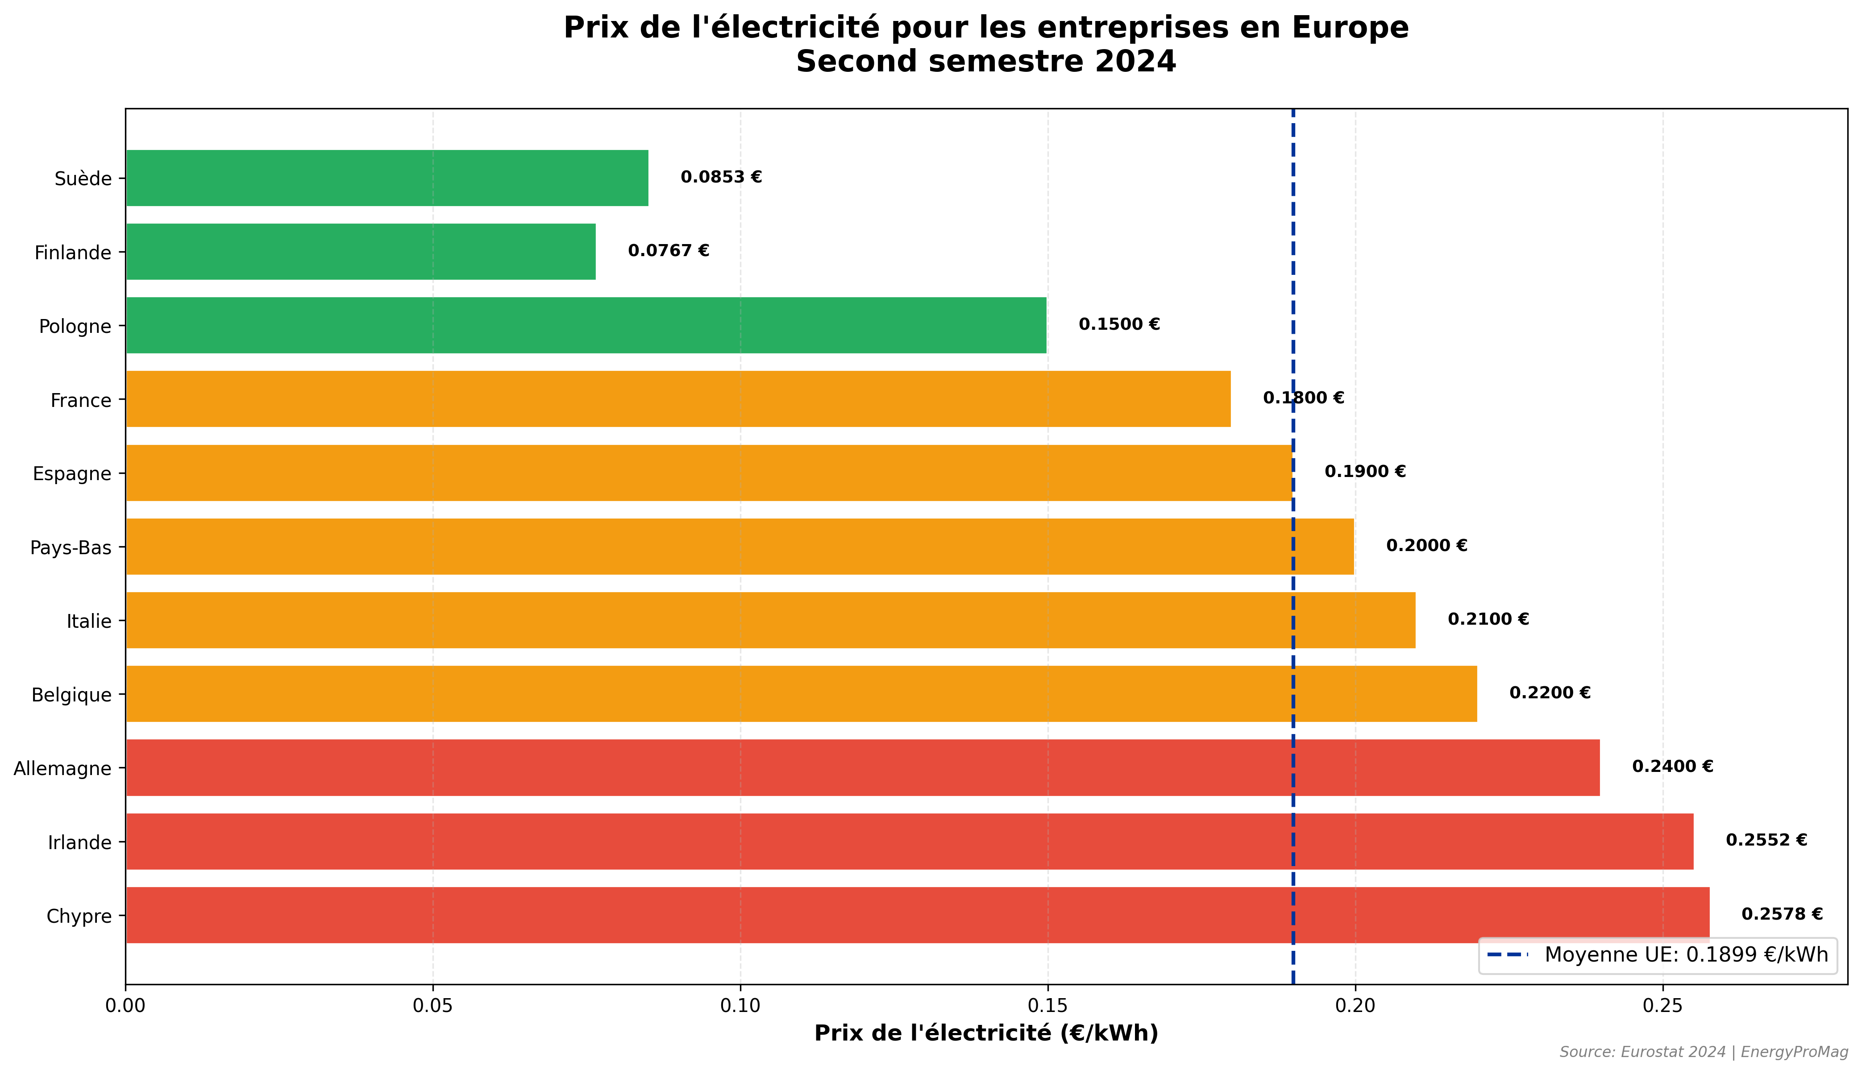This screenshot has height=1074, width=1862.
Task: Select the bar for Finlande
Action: click(x=360, y=252)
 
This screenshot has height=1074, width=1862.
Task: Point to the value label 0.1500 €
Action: click(x=1118, y=324)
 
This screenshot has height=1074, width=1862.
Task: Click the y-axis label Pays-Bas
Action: click(x=71, y=547)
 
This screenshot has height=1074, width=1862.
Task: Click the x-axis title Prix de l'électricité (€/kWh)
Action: click(x=985, y=1033)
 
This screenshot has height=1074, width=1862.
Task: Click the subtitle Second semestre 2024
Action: click(x=985, y=61)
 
